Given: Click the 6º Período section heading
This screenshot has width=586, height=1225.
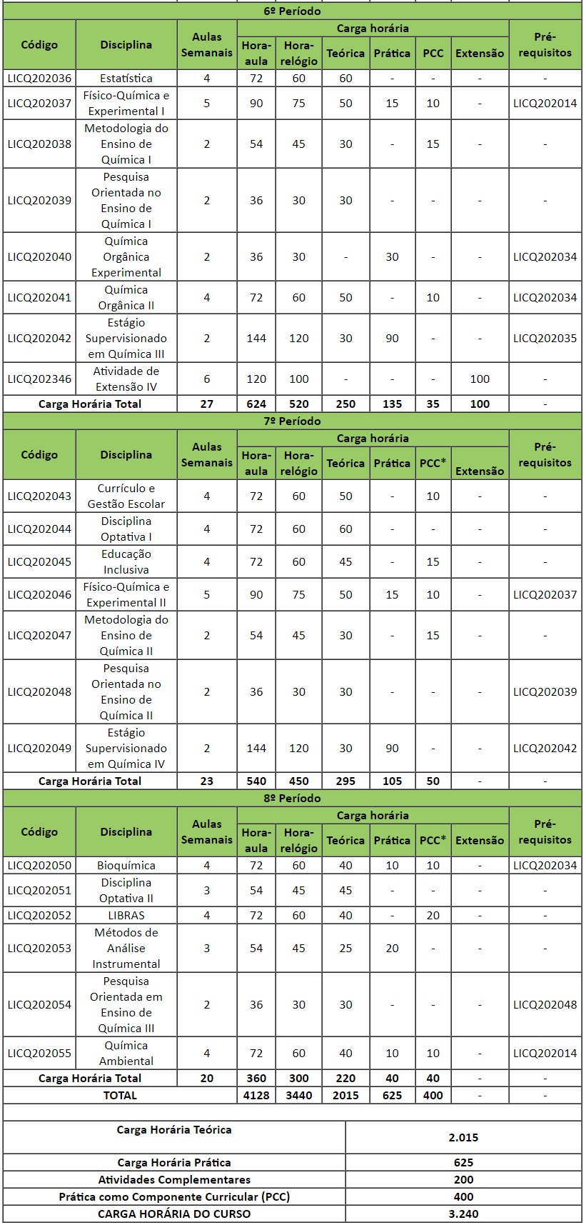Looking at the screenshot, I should click(x=292, y=11).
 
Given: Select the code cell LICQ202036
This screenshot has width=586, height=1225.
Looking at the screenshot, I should click(x=39, y=79).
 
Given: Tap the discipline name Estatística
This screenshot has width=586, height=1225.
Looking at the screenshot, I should click(x=126, y=79).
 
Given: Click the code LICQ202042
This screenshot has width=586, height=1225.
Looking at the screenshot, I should click(x=39, y=339).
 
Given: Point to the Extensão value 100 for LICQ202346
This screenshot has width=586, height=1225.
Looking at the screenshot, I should click(x=480, y=379).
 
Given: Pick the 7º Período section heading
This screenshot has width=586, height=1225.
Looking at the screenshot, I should click(x=292, y=421).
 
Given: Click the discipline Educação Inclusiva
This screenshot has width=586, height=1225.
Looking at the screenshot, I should click(x=126, y=562).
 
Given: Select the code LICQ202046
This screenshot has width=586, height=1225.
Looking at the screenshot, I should click(x=39, y=595).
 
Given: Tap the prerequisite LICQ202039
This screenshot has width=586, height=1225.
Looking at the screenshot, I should click(x=545, y=692).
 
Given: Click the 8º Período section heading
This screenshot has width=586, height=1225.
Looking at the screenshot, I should click(x=292, y=799).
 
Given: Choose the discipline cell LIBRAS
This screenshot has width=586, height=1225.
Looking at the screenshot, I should click(x=126, y=916).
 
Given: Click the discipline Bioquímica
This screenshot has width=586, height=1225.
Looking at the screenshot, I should click(x=126, y=866).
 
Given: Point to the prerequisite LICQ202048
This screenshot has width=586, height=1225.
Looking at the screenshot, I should click(x=545, y=1005).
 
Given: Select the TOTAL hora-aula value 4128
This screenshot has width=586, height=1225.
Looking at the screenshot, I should click(x=256, y=1096).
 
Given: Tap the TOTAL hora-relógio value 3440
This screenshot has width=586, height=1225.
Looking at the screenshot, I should click(x=298, y=1096).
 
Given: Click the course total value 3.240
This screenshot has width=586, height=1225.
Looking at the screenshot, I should click(x=463, y=1214).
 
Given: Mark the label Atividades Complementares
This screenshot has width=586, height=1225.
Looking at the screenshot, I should click(x=174, y=1180).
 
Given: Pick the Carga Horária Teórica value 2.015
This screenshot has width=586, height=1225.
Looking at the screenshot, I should click(x=463, y=1138).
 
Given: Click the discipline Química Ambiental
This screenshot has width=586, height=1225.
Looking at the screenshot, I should click(x=126, y=1054).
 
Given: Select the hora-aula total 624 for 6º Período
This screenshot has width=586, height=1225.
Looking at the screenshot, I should click(x=256, y=404).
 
